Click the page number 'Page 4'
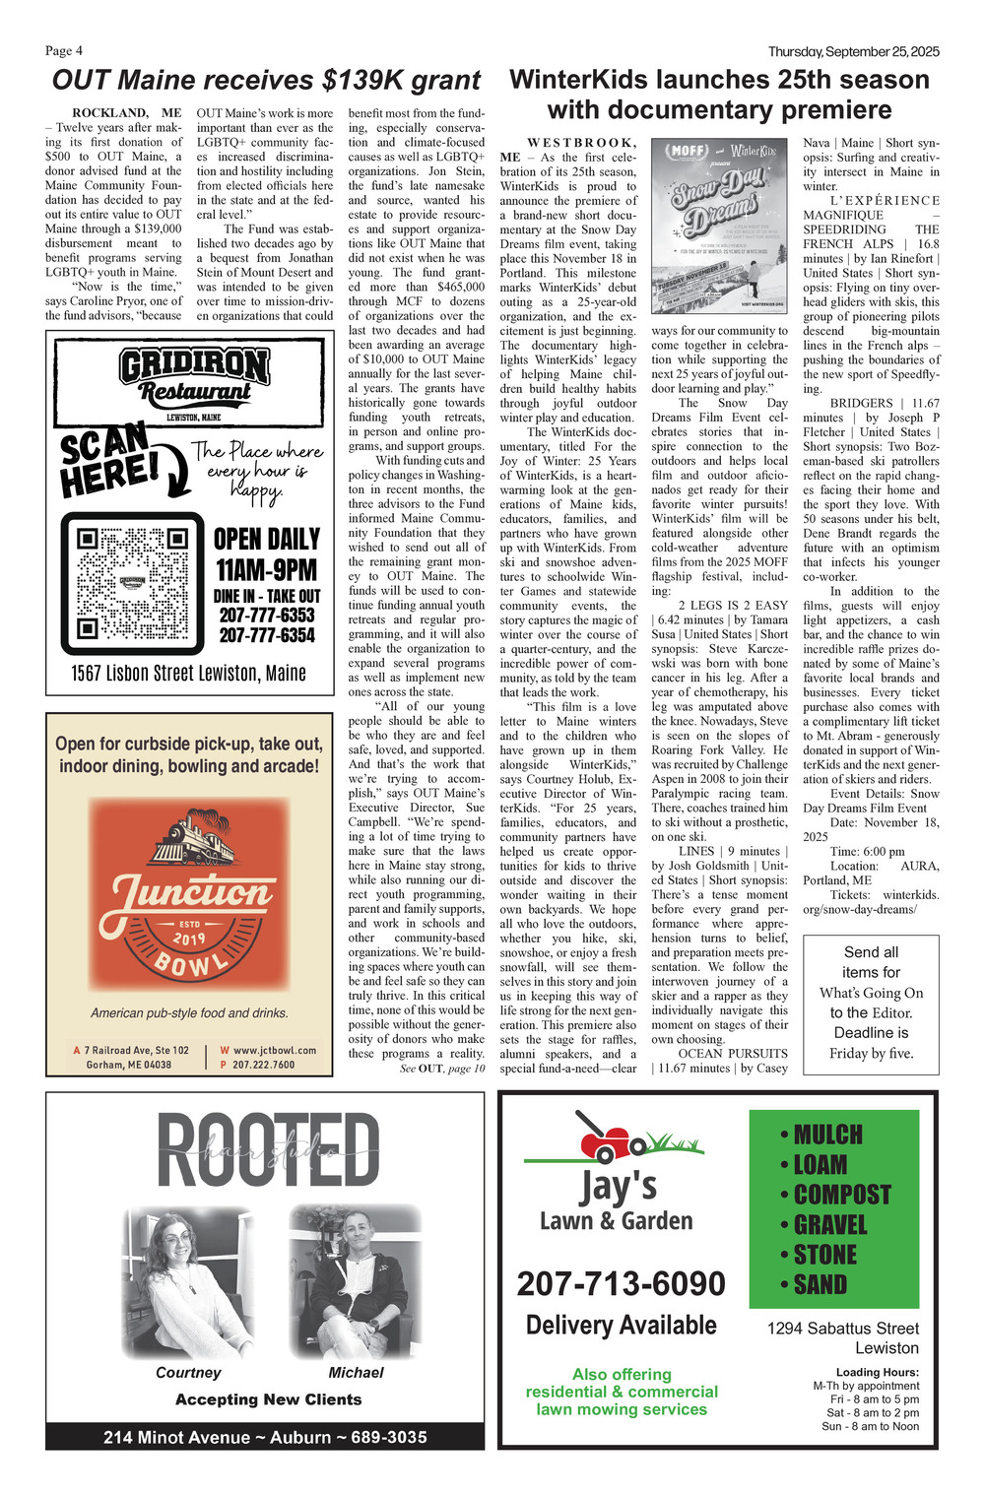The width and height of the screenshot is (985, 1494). pyautogui.click(x=64, y=51)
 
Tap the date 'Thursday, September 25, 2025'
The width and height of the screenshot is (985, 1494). pyautogui.click(x=853, y=51)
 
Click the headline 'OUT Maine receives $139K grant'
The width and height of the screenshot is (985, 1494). pyautogui.click(x=266, y=80)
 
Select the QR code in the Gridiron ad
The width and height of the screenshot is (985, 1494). pyautogui.click(x=131, y=583)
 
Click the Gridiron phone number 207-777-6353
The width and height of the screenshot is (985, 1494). pyautogui.click(x=267, y=615)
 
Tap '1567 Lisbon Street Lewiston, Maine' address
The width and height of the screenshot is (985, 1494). pyautogui.click(x=189, y=674)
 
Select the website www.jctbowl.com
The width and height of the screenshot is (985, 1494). pyautogui.click(x=274, y=1050)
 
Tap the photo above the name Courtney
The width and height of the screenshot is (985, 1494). pyautogui.click(x=186, y=1282)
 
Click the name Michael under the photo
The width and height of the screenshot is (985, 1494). pyautogui.click(x=356, y=1372)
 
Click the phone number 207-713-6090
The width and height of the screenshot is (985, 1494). pyautogui.click(x=621, y=1283)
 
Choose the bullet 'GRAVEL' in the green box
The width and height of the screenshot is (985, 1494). pyautogui.click(x=829, y=1225)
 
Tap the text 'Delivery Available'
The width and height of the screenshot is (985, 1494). pyautogui.click(x=621, y=1326)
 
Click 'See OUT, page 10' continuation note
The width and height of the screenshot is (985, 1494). pyautogui.click(x=442, y=1068)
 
